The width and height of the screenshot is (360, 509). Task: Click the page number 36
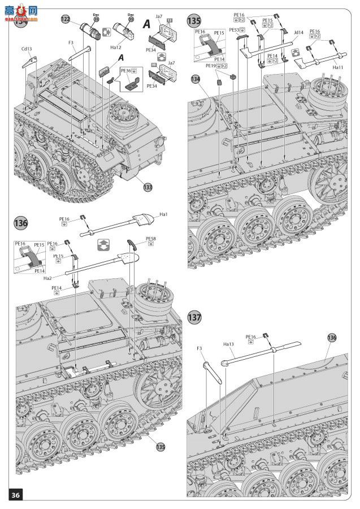[x=15, y=495]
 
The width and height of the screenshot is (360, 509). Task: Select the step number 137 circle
[x=194, y=317]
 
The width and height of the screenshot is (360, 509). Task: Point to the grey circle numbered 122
[x=66, y=20]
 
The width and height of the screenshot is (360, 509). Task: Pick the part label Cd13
[x=27, y=49]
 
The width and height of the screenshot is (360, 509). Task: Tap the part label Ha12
[x=116, y=48]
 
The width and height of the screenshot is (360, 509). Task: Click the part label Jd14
[x=298, y=33]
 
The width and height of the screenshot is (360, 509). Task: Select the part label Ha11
[x=338, y=67]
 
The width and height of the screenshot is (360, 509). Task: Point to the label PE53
[x=233, y=30]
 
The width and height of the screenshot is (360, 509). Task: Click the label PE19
[x=210, y=66]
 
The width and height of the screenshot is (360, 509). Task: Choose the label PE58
[x=150, y=239]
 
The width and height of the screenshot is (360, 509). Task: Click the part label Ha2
[x=47, y=277]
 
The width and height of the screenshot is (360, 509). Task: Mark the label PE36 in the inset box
[x=125, y=71]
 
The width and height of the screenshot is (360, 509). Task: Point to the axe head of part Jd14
[x=246, y=51]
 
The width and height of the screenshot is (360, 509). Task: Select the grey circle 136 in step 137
[x=331, y=338]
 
